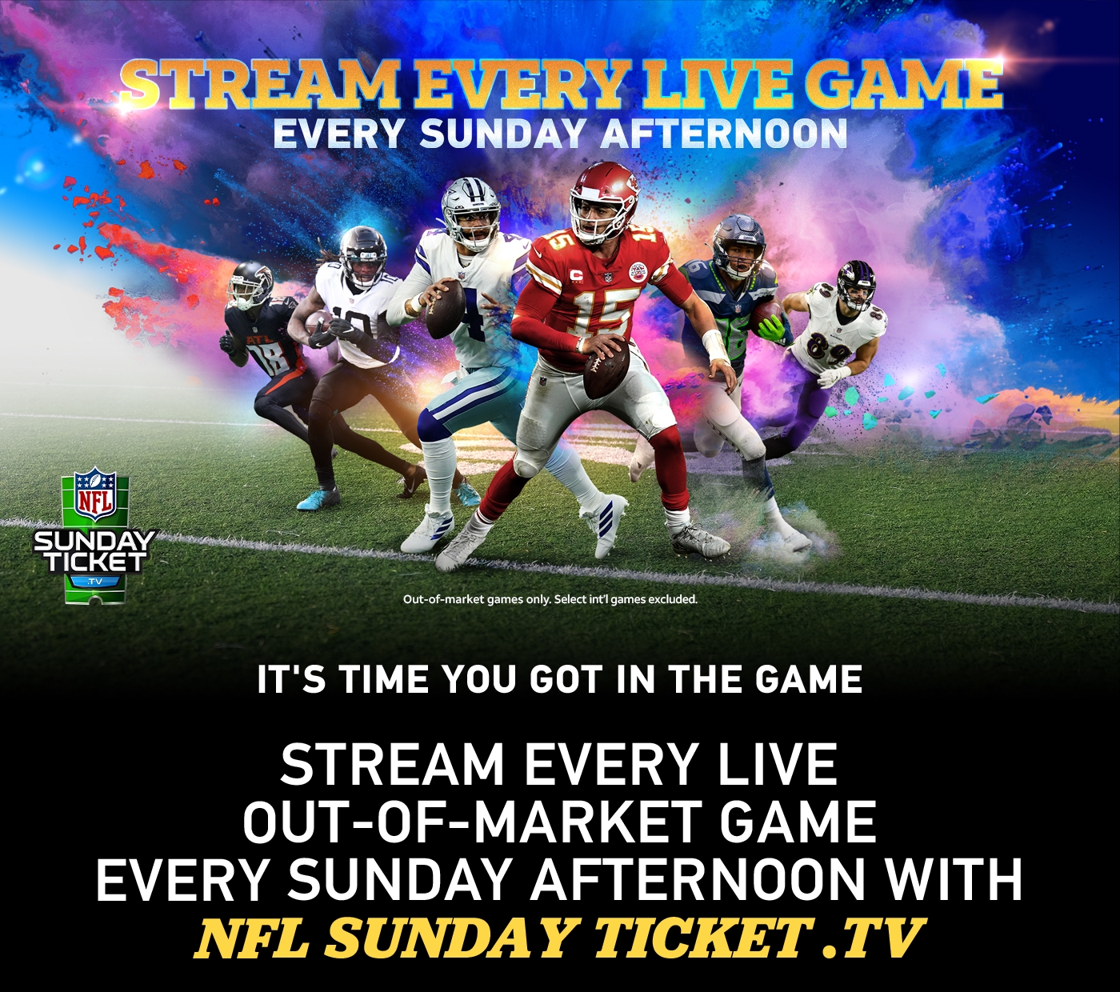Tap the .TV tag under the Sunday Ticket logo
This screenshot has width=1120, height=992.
95,582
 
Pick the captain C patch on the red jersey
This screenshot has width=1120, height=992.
576,274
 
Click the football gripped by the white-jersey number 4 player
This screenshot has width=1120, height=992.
445,309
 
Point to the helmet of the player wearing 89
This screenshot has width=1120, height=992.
856,284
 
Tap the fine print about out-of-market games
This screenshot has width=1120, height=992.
550,599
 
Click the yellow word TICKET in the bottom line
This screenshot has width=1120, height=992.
701,938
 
